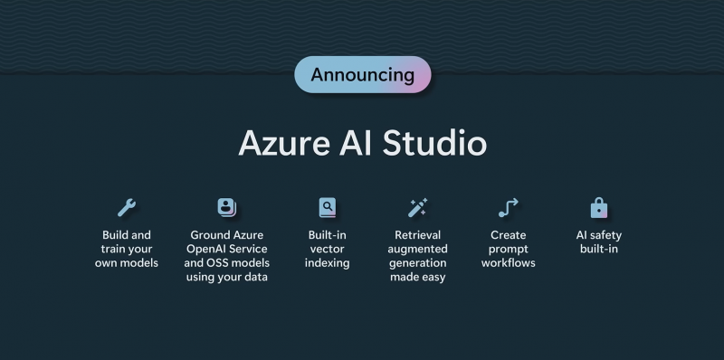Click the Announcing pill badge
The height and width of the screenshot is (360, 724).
pyautogui.click(x=362, y=74)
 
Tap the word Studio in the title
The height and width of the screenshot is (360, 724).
pyautogui.click(x=434, y=144)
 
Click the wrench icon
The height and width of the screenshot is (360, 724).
pyautogui.click(x=127, y=208)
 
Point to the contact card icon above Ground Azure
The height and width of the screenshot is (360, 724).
pyautogui.click(x=226, y=208)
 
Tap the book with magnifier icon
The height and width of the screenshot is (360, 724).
pyautogui.click(x=327, y=208)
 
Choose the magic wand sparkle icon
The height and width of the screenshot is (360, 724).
pyautogui.click(x=417, y=208)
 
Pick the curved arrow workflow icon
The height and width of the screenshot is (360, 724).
pyautogui.click(x=508, y=208)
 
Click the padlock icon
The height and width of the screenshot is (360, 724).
pyautogui.click(x=598, y=208)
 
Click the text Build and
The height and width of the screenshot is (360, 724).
pyautogui.click(x=127, y=235)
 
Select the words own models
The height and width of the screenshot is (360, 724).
pyautogui.click(x=127, y=263)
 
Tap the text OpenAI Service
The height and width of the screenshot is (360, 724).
pyautogui.click(x=226, y=249)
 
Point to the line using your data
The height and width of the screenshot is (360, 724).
pyautogui.click(x=226, y=277)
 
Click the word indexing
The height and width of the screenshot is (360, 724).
pyautogui.click(x=327, y=263)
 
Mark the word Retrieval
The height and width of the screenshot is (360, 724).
pyautogui.click(x=417, y=235)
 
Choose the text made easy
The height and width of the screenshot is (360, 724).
pyautogui.click(x=417, y=277)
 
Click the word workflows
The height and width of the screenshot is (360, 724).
pyautogui.click(x=508, y=263)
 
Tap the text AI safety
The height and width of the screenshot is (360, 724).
pyautogui.click(x=599, y=235)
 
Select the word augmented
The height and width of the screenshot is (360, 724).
pyautogui.click(x=417, y=249)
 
